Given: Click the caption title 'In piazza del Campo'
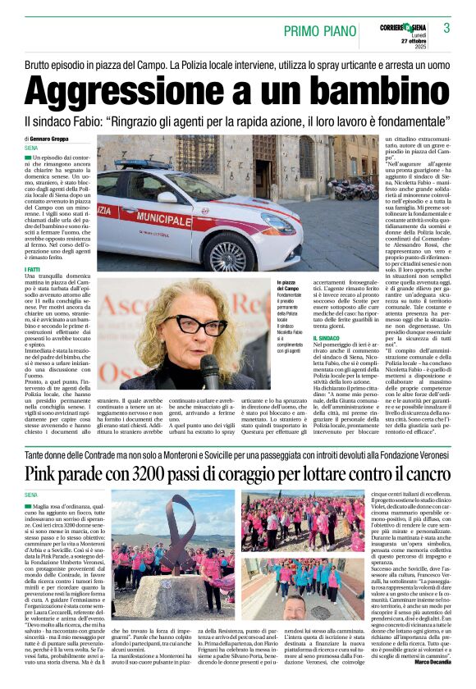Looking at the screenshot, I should click(287, 285).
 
